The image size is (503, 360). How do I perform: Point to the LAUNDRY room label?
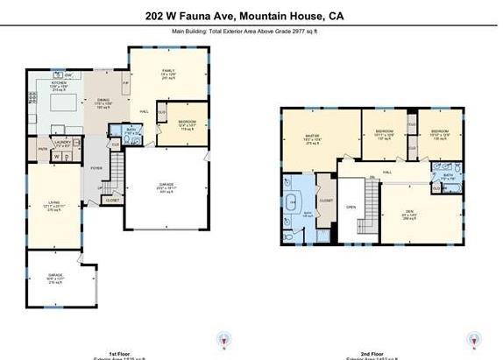(x=61, y=141)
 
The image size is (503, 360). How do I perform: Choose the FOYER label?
(x=96, y=168)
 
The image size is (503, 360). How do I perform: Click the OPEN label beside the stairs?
(x=351, y=208)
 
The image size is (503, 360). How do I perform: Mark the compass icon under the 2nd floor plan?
(x=474, y=340)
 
